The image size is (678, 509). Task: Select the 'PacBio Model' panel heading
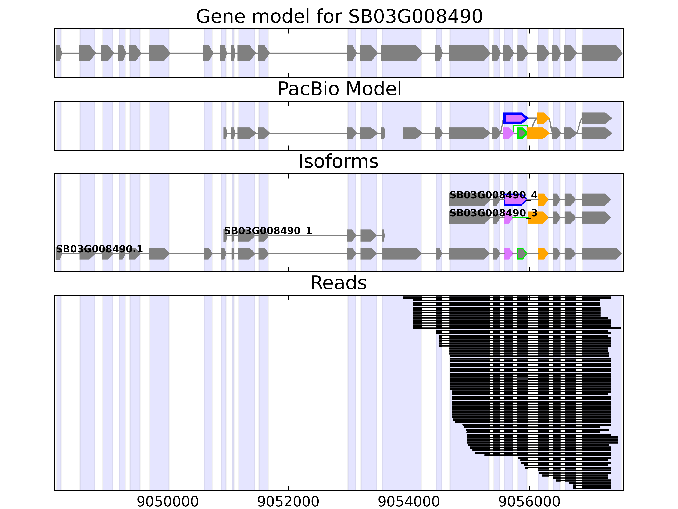click(339, 89)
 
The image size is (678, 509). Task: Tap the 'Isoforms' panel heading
click(338, 161)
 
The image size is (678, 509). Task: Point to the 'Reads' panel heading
click(338, 283)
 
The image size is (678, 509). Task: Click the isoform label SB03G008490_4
click(493, 195)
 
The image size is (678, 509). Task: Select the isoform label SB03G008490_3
click(493, 213)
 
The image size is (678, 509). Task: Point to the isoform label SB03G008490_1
click(268, 231)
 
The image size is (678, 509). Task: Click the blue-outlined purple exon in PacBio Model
click(515, 118)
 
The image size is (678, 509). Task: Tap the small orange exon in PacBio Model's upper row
click(543, 118)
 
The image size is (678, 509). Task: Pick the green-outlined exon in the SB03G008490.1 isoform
click(522, 253)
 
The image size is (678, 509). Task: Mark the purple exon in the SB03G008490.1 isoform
click(508, 253)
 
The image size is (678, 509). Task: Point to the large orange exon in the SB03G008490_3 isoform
click(537, 218)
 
